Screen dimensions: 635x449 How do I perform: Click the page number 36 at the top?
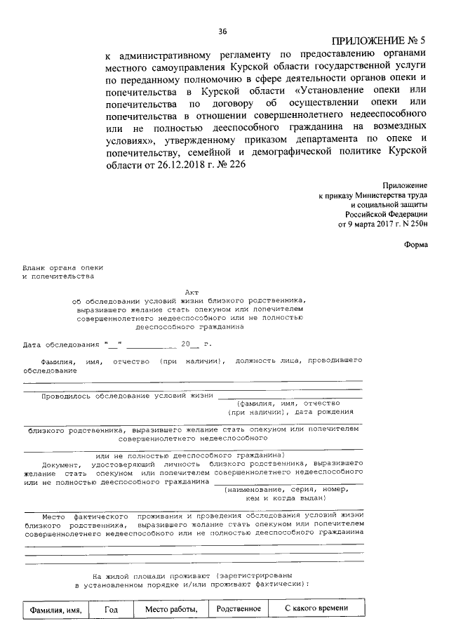[x=223, y=31]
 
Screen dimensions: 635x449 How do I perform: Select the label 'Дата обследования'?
[x=60, y=345]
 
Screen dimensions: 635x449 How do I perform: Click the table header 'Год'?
[x=111, y=610]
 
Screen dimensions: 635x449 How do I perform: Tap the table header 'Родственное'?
[x=239, y=608]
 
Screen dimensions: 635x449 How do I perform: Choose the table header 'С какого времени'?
[x=316, y=608]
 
